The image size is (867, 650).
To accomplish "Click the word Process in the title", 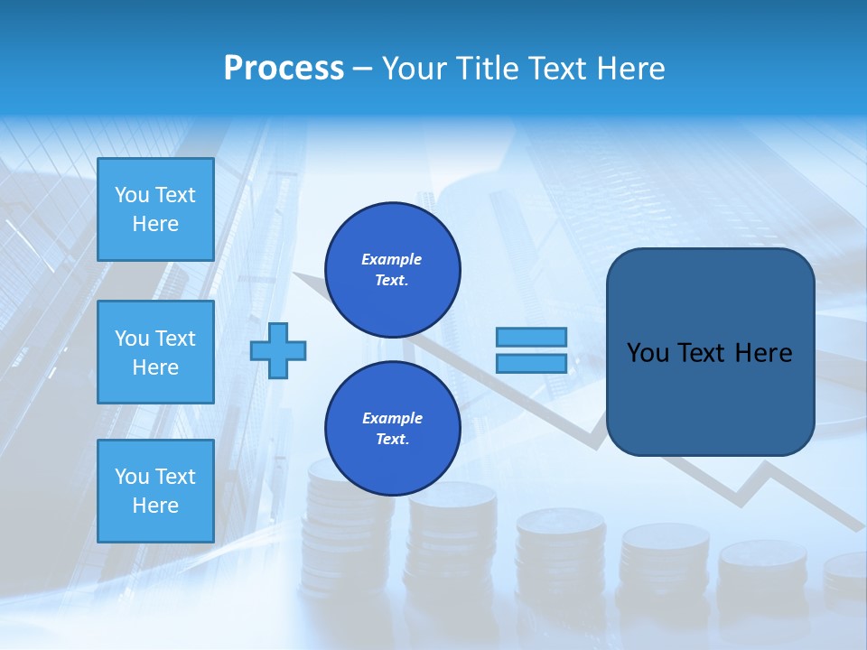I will coord(284,69).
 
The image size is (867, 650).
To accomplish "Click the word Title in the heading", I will coord(486,69).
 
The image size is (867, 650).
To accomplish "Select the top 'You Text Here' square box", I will coord(155,209).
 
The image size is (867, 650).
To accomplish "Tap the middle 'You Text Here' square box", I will coord(155,352).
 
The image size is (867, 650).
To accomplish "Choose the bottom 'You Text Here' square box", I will coord(155,491).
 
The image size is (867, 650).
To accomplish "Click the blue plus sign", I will coord(278,350).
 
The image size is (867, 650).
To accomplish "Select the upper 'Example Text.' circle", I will coord(392,270).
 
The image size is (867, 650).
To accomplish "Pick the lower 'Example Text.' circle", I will coord(392,429).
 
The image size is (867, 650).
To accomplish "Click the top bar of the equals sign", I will coord(531,337).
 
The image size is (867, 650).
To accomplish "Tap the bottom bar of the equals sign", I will coord(531,364).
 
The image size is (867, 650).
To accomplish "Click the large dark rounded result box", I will coord(710,352).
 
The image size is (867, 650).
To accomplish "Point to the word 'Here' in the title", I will coord(632,69).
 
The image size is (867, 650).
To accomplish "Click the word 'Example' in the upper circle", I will coord(392,259).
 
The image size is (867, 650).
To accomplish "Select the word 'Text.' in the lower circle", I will coord(392,440).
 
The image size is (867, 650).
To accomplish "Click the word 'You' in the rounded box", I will coord(648,353).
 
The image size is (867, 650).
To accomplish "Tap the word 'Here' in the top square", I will coord(155,224).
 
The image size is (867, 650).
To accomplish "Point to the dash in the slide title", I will coord(363,69).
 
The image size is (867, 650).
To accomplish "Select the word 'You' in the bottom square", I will coord(132,477).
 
